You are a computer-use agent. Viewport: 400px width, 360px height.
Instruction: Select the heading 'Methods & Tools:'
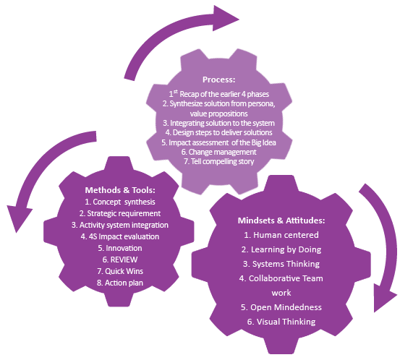[x=121, y=190]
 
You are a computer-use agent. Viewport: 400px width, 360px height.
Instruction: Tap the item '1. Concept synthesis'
[x=119, y=202]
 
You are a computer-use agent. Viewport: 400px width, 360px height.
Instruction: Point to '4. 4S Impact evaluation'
[x=119, y=236]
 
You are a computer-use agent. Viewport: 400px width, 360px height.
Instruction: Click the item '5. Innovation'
[x=119, y=247]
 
